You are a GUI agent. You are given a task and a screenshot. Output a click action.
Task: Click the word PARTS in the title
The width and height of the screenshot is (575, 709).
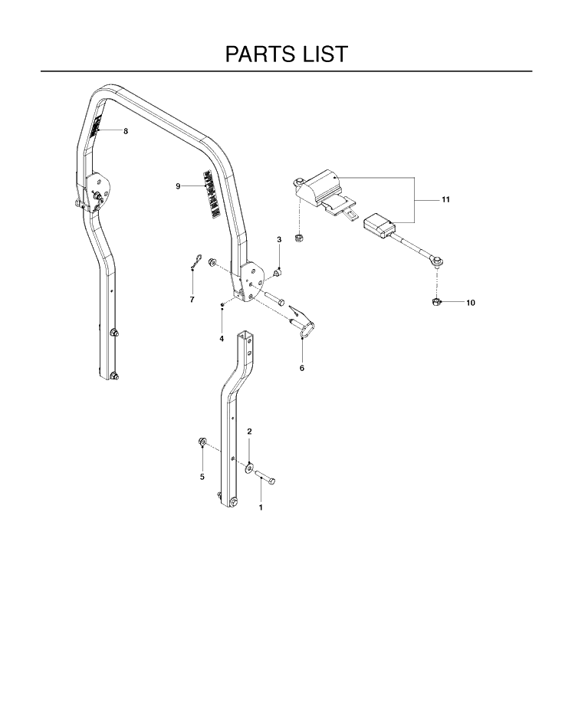254,54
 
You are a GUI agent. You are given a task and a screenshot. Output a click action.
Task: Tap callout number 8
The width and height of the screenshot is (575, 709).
126,131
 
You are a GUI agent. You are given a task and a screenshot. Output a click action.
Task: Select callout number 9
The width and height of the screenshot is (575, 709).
178,185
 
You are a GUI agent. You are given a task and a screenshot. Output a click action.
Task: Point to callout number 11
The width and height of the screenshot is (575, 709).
445,199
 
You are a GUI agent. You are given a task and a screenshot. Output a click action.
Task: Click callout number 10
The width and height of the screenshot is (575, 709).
471,303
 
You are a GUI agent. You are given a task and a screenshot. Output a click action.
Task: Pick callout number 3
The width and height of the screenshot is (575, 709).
279,239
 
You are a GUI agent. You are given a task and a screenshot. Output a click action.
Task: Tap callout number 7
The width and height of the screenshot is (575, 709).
192,300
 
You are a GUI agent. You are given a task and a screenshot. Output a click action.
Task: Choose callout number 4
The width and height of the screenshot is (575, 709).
222,339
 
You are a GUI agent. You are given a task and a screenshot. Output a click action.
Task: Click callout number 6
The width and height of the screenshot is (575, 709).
302,368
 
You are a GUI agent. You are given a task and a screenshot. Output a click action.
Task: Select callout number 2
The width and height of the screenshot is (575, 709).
249,432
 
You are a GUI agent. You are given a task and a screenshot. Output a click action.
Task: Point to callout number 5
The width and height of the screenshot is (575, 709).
202,477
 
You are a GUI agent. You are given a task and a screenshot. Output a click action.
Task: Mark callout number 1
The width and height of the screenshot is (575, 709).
261,507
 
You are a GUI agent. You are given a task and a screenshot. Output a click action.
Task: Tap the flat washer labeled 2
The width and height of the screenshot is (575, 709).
249,468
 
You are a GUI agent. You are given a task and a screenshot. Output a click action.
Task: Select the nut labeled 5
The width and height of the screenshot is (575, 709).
202,441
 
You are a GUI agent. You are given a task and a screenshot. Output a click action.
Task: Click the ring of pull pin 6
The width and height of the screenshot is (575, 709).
308,329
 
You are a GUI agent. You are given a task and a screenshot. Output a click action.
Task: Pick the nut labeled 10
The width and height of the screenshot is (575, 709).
435,301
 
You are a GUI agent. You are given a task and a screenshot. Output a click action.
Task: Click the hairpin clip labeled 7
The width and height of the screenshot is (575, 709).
195,262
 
